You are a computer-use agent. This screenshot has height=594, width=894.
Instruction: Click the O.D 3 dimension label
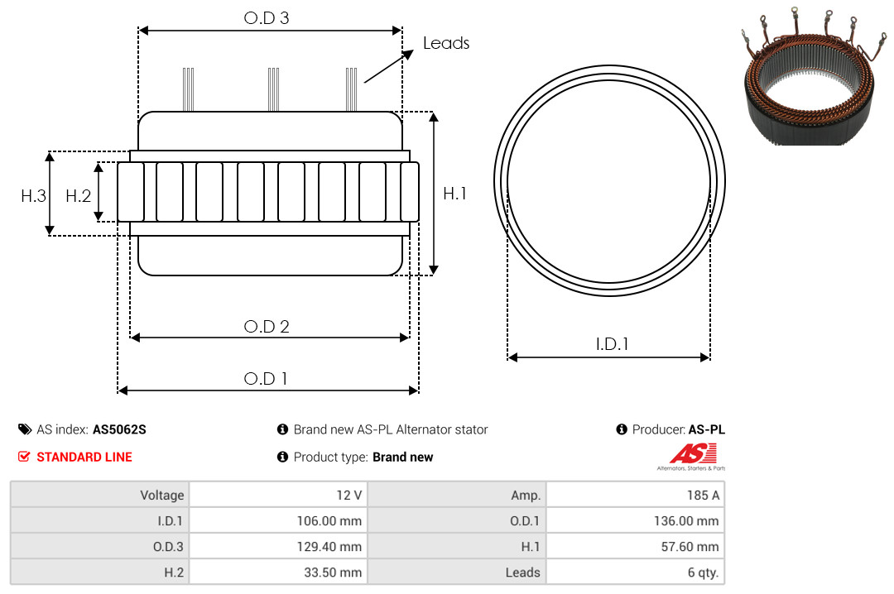tap(267, 18)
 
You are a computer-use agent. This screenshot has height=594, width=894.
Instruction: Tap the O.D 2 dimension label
tap(267, 327)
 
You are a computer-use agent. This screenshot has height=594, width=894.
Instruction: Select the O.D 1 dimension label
tap(266, 379)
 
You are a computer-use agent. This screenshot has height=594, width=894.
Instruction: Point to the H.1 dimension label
tap(455, 194)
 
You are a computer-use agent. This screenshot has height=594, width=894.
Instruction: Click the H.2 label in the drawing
tap(78, 196)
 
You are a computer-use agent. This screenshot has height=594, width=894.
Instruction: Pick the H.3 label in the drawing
tap(34, 196)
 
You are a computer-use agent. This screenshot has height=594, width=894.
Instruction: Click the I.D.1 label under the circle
tap(612, 344)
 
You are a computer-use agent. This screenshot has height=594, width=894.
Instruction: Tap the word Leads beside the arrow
tap(446, 43)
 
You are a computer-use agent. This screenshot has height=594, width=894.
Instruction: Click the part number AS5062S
tap(119, 430)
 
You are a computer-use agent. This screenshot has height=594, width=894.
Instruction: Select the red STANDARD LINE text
tap(84, 457)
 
